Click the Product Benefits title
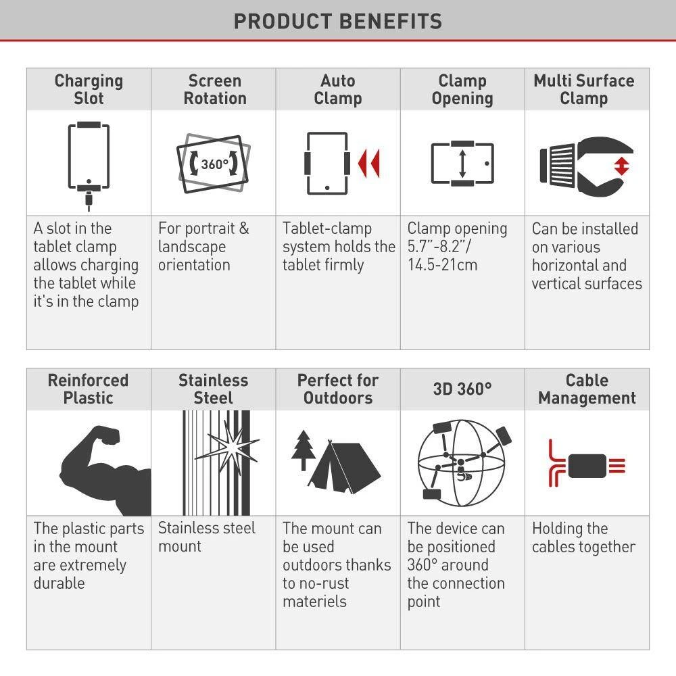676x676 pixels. [x=338, y=21]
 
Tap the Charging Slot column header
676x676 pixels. [x=89, y=89]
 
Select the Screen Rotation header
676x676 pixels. [x=215, y=89]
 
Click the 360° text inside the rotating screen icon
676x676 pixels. [x=214, y=164]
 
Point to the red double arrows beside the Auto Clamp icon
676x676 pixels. [x=369, y=164]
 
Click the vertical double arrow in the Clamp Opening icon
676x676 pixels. [x=462, y=164]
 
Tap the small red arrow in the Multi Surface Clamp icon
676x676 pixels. [x=622, y=166]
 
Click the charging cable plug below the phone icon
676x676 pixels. [x=89, y=199]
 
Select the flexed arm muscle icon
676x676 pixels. [x=105, y=470]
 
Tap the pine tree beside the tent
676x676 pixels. [x=304, y=450]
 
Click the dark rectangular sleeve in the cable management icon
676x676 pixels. [x=587, y=466]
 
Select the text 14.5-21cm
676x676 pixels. [x=442, y=265]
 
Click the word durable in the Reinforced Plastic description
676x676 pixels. [x=59, y=583]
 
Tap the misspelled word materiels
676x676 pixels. [x=315, y=601]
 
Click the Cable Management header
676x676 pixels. [x=587, y=389]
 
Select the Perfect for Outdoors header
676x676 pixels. [x=338, y=389]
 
